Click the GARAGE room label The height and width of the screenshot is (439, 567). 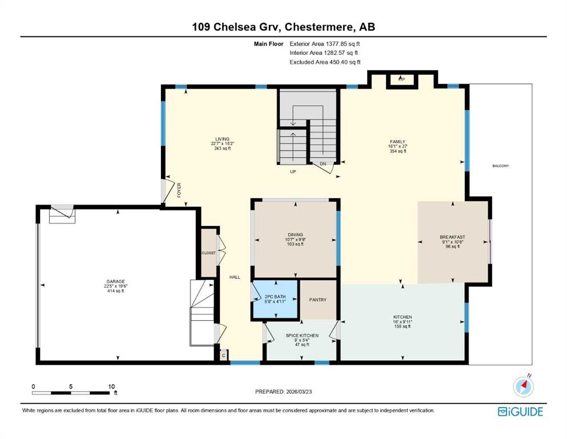115,282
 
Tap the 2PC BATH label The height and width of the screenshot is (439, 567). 275,297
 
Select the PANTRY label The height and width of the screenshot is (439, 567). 318,300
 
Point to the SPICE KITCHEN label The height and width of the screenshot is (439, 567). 302,336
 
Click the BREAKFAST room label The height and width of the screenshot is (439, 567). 452,237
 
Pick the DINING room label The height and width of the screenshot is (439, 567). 295,234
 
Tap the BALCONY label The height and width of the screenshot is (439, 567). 500,166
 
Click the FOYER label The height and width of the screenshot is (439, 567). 179,190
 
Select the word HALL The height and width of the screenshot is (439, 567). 235,277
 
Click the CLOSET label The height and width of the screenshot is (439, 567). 208,253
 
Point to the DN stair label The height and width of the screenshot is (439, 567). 323,164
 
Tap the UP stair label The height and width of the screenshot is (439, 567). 293,171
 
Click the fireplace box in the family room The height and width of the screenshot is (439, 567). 402,80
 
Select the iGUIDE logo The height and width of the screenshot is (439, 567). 520,412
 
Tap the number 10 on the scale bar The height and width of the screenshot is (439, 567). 111,386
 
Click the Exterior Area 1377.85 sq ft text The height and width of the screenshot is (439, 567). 325,44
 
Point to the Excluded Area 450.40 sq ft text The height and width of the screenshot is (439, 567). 325,62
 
